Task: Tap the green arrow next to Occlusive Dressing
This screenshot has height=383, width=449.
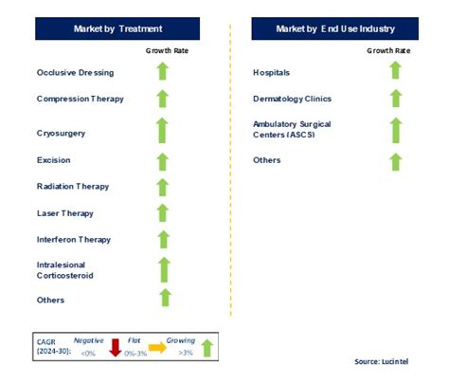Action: pos(163,71)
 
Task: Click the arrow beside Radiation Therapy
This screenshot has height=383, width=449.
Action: pos(163,187)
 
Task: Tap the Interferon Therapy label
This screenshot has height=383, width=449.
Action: pos(76,240)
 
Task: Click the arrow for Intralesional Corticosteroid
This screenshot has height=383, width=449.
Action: pos(163,269)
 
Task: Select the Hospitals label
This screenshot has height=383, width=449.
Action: pos(273,72)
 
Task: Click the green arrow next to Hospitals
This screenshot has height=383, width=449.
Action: pos(395,71)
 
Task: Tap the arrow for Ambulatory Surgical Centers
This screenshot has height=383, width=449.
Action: pos(395,130)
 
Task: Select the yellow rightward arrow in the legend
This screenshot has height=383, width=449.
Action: pos(158,348)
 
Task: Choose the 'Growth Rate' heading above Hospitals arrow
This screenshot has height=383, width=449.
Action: pos(388,50)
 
